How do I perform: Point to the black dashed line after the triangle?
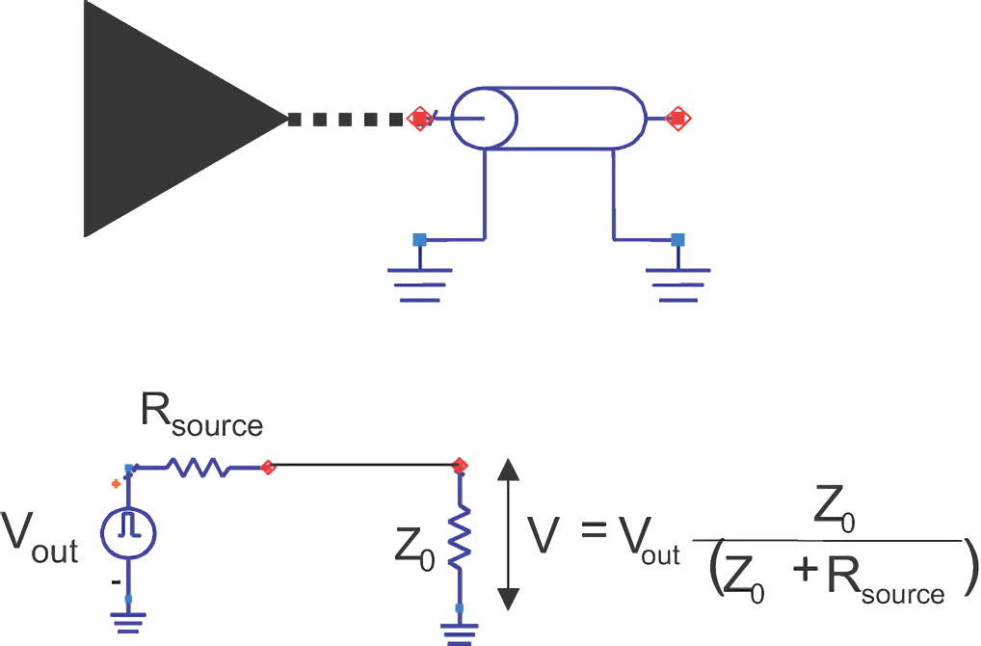(345, 119)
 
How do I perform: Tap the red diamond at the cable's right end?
(677, 119)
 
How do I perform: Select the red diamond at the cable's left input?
(420, 119)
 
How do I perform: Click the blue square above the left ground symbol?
(420, 239)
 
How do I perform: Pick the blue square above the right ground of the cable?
(677, 239)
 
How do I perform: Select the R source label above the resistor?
(201, 416)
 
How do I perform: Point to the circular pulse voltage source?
(128, 532)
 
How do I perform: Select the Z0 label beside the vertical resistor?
(414, 549)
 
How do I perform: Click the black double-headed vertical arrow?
(508, 534)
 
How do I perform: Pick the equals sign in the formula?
(594, 531)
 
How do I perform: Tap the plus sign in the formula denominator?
(807, 572)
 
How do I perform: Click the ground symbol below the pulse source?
(128, 624)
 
